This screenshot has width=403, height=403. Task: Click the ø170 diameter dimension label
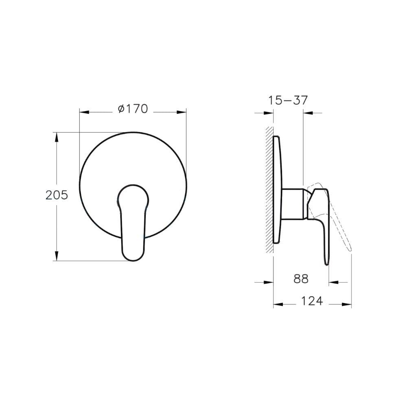point(132,109)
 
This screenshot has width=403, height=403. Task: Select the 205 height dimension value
point(56,195)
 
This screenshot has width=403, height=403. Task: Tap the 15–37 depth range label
point(288,100)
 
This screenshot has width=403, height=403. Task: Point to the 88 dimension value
point(301,279)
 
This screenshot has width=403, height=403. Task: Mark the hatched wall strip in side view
point(269,189)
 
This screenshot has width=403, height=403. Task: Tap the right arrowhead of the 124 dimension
point(348,304)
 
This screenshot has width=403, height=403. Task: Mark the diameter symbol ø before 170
point(121,109)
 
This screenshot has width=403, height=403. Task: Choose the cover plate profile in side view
point(278,189)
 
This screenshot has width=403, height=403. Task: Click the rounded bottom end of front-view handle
point(133,256)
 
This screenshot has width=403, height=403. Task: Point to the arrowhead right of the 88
point(333,282)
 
